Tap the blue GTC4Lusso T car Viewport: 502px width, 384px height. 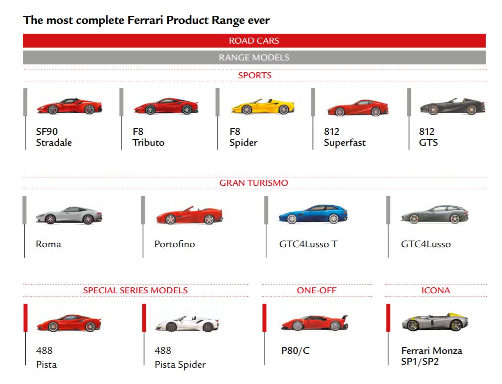pyautogui.click(x=313, y=214)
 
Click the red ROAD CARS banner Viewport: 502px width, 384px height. pyautogui.click(x=254, y=41)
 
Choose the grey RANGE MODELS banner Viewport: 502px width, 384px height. pyautogui.click(x=254, y=57)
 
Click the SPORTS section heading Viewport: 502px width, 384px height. pyautogui.click(x=254, y=75)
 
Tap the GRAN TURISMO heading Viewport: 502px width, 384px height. pyautogui.click(x=253, y=183)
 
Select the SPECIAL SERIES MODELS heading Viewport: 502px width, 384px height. pyautogui.click(x=135, y=290)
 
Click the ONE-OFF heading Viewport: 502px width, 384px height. pyautogui.click(x=316, y=290)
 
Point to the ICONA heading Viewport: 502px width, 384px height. pyautogui.click(x=436, y=290)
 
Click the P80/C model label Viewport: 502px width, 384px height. pyautogui.click(x=295, y=351)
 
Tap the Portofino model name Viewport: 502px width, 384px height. pyautogui.click(x=175, y=244)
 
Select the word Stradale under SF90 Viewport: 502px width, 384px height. pyautogui.click(x=54, y=143)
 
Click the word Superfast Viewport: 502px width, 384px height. pyautogui.click(x=345, y=143)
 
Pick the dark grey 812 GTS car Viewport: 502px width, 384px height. pyautogui.click(x=452, y=106)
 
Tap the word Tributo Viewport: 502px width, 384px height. pyautogui.click(x=148, y=143)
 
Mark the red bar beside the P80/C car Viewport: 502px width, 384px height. pyautogui.click(x=264, y=318)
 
